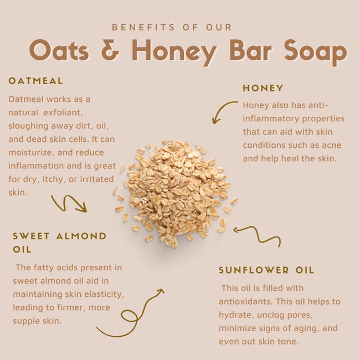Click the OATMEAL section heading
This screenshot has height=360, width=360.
click(36, 81)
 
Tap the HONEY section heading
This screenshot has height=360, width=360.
click(263, 88)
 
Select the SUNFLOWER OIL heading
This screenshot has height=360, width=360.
click(266, 270)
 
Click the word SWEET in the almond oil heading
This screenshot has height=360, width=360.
click(32, 236)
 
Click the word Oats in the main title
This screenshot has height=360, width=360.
click(59, 50)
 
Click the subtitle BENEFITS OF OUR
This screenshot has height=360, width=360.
click(172, 27)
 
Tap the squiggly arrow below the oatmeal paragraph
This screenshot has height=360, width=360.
click(69, 204)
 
